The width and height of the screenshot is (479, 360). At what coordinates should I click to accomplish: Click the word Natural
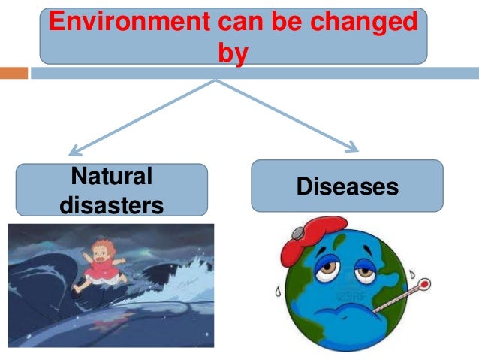[110, 177]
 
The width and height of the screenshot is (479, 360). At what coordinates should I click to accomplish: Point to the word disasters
[110, 204]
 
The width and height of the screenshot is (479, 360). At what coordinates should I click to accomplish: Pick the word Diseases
[347, 186]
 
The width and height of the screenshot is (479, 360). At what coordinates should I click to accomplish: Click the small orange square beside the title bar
[18, 73]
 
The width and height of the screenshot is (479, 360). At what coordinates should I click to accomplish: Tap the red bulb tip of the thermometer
[424, 285]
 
